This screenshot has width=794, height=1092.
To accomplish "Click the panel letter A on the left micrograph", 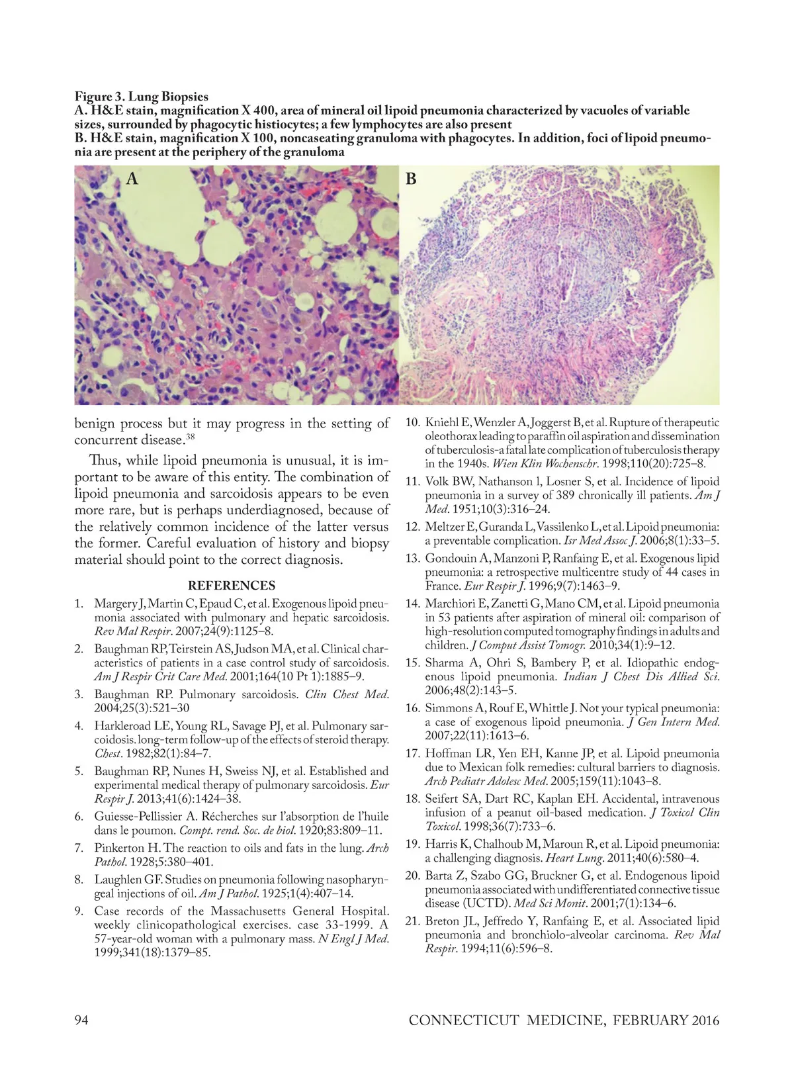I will pyautogui.click(x=132, y=179).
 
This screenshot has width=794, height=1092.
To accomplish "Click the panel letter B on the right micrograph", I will pyautogui.click(x=411, y=179).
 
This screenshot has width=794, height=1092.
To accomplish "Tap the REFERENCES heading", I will pyautogui.click(x=232, y=586).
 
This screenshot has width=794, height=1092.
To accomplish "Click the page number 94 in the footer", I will pyautogui.click(x=81, y=1020).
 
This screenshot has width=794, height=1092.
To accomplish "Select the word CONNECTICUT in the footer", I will pyautogui.click(x=464, y=1020).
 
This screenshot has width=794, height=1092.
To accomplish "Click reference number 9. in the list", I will pyautogui.click(x=79, y=911).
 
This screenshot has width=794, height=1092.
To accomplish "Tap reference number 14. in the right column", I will pyautogui.click(x=413, y=604).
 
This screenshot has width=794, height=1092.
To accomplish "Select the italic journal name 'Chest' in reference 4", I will pyautogui.click(x=107, y=753).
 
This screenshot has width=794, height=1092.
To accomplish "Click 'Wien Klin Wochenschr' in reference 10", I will pyautogui.click(x=535, y=464).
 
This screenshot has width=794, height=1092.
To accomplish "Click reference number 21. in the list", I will pyautogui.click(x=413, y=921).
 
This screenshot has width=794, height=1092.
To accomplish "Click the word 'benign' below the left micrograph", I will pyautogui.click(x=94, y=424).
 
